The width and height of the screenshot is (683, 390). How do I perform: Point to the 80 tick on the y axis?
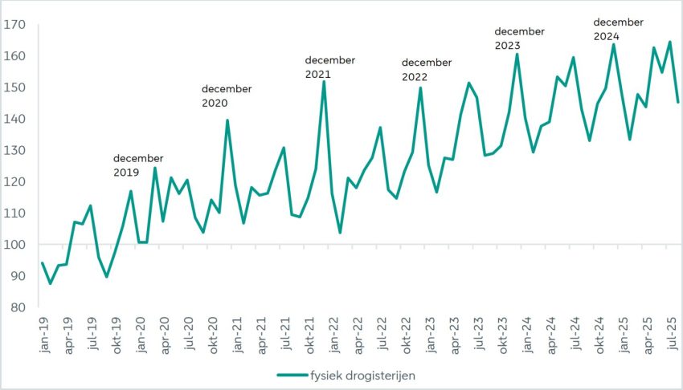click(x=15, y=307)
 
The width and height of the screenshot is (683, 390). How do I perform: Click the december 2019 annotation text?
click(x=137, y=165)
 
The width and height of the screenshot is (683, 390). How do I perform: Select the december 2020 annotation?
click(x=226, y=95)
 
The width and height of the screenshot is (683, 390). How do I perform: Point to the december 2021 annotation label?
click(x=329, y=67)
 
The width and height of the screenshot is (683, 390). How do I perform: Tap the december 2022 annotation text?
click(x=426, y=70)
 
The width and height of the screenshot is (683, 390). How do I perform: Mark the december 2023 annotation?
click(x=519, y=39)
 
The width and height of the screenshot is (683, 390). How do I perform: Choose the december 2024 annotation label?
click(x=618, y=29)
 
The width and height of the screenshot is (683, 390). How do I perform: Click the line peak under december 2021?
click(x=324, y=81)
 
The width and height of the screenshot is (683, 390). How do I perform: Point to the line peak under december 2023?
click(x=517, y=54)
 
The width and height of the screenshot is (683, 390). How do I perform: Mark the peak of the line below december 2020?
click(x=227, y=120)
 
